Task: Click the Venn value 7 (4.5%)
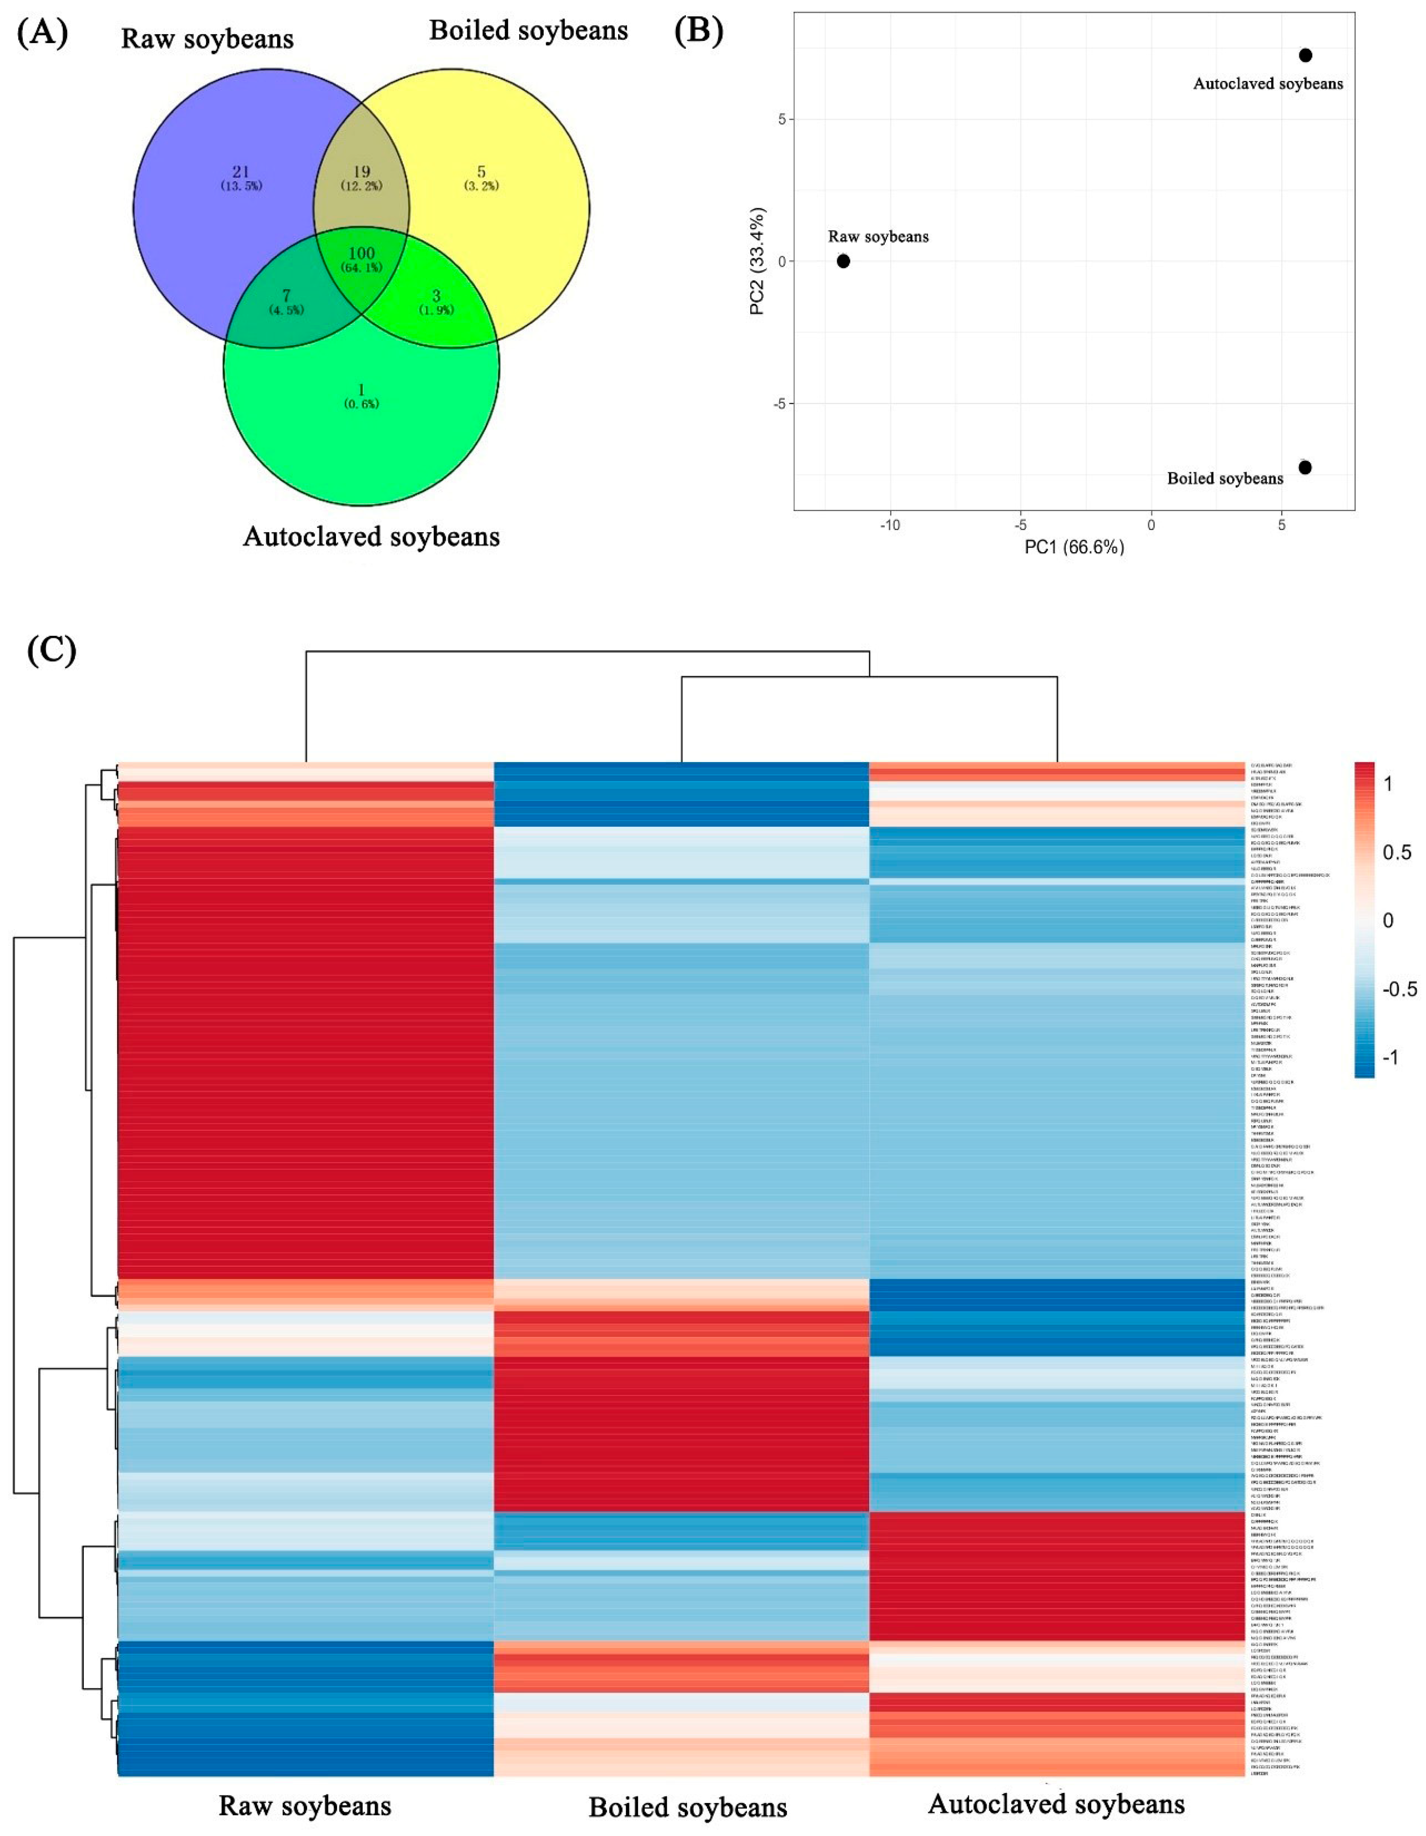287,296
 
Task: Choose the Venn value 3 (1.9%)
436,296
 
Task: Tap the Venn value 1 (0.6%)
361,390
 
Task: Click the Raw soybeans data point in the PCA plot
843,262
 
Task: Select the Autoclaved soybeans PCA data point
1305,55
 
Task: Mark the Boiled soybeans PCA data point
1304,467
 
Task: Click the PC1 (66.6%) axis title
1074,547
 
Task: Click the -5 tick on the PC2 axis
781,403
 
